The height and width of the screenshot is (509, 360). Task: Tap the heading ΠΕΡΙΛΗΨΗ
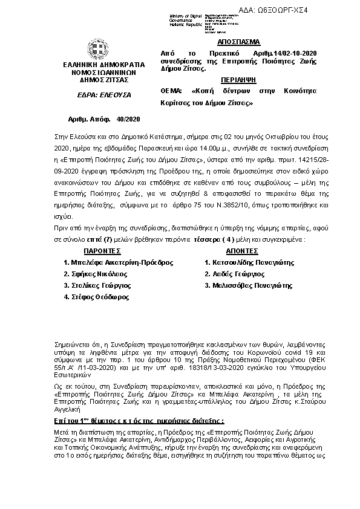(238, 79)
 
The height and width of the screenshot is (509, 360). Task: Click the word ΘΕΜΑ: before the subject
(172, 91)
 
